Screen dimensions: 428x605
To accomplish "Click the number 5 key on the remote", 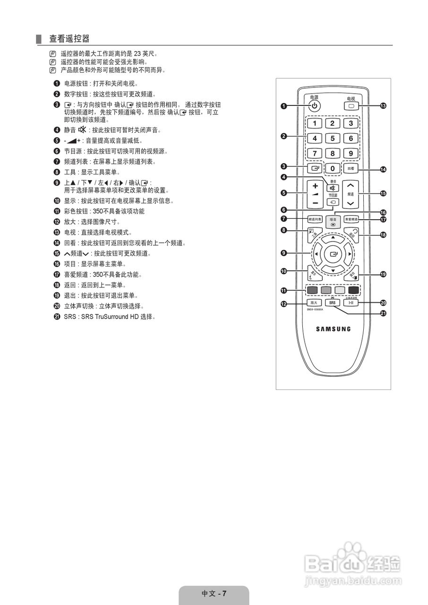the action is tap(333, 138).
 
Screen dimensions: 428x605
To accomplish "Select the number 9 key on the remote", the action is tap(351, 153).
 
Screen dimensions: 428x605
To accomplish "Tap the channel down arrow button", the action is tap(351, 203).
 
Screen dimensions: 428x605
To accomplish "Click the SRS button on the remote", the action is tap(333, 302).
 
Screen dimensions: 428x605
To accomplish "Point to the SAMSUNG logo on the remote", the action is tap(333, 329).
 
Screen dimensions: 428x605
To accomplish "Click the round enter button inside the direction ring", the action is tap(334, 254).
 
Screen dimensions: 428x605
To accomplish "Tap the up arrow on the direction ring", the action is tap(334, 237).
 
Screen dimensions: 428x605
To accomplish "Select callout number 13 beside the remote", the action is tap(383, 106).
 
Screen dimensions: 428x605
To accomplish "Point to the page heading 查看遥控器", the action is tap(69, 38).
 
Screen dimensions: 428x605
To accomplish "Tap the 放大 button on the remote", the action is tap(314, 302).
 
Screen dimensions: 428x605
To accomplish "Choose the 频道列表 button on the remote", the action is tap(315, 219).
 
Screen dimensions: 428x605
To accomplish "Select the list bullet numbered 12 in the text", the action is tap(57, 222).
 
